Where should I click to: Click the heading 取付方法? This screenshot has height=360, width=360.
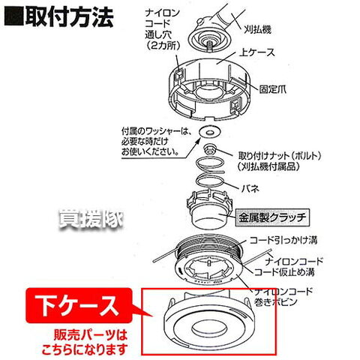(69, 17)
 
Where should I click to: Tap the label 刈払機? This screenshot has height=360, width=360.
(257, 30)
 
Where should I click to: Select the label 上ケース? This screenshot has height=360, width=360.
(256, 52)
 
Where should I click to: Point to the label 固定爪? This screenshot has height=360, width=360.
(272, 89)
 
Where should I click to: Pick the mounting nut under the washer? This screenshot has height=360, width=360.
(209, 148)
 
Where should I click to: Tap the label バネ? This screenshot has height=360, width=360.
(250, 188)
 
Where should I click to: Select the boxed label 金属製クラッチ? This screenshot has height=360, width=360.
(272, 217)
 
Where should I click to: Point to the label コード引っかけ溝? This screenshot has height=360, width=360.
(283, 240)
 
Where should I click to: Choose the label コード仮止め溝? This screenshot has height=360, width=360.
(284, 272)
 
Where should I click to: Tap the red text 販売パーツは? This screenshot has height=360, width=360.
(91, 335)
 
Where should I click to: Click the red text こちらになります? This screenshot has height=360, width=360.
(85, 349)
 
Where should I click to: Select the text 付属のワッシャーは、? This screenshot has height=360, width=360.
(157, 131)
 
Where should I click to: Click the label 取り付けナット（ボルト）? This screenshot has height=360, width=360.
(280, 156)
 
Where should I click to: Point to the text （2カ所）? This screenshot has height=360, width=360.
(163, 46)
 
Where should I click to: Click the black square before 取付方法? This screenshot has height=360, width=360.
(14, 18)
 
